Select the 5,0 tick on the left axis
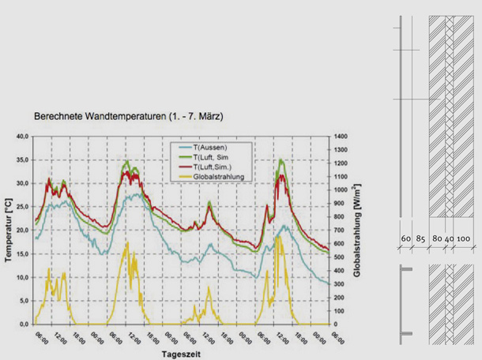tap(24, 301)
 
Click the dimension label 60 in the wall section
tap(406, 238)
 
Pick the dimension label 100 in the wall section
tap(463, 238)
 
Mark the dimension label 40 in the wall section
tap(449, 238)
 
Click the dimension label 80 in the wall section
tap(437, 238)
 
